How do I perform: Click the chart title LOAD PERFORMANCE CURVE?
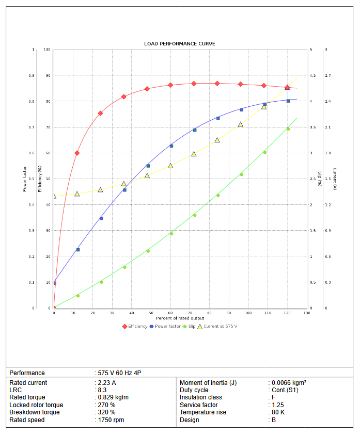[x=180, y=44]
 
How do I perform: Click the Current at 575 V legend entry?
[x=220, y=326]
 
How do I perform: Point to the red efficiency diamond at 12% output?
[x=77, y=153]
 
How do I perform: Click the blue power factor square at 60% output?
[x=171, y=146]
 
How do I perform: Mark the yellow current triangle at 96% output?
[x=241, y=124]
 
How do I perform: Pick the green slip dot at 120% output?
[x=288, y=129]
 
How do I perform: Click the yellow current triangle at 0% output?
[x=54, y=196]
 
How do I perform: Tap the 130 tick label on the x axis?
[x=307, y=313]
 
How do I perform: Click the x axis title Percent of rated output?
[x=180, y=318]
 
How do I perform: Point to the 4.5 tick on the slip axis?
[x=312, y=76]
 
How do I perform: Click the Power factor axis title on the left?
[x=24, y=179]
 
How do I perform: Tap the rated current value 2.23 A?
[x=107, y=383]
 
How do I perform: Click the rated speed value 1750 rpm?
[x=111, y=420]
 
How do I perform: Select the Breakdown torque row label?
[x=35, y=412]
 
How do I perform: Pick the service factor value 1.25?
[x=278, y=405]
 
